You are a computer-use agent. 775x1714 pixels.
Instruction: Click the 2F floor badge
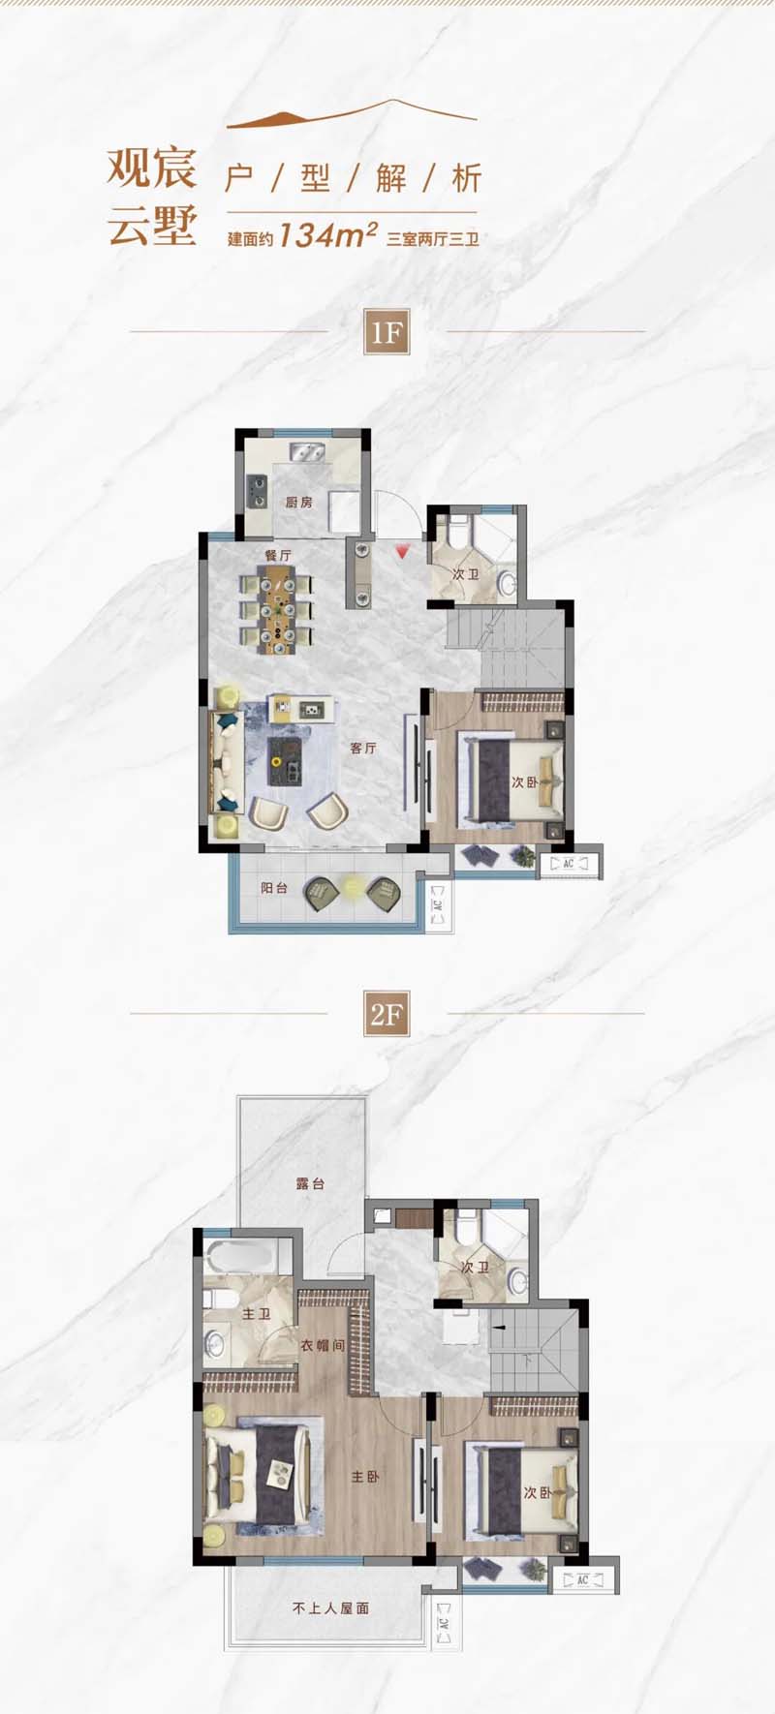(x=386, y=1014)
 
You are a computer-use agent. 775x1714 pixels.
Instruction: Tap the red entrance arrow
(x=401, y=552)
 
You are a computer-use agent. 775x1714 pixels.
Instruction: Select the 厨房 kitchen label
(x=298, y=503)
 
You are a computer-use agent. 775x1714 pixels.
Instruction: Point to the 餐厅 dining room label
(x=278, y=555)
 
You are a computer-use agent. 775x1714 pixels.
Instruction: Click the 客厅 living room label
(x=363, y=749)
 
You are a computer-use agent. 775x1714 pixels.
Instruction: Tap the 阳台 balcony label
(x=274, y=888)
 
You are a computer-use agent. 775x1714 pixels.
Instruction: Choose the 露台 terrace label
(x=310, y=1183)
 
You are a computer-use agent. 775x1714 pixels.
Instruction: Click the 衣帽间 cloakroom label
(x=323, y=1345)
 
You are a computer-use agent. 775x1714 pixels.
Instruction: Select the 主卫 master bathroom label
(x=256, y=1314)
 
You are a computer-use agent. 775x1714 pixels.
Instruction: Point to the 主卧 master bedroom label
(x=365, y=1477)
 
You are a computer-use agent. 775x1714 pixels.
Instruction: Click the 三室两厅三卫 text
(x=433, y=238)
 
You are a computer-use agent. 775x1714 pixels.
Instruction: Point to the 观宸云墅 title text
(x=152, y=197)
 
